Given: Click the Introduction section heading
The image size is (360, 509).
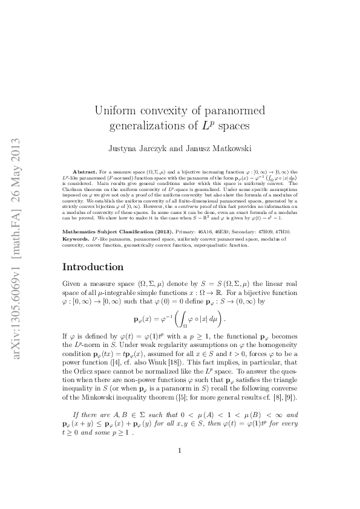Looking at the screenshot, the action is pos(97,267).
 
